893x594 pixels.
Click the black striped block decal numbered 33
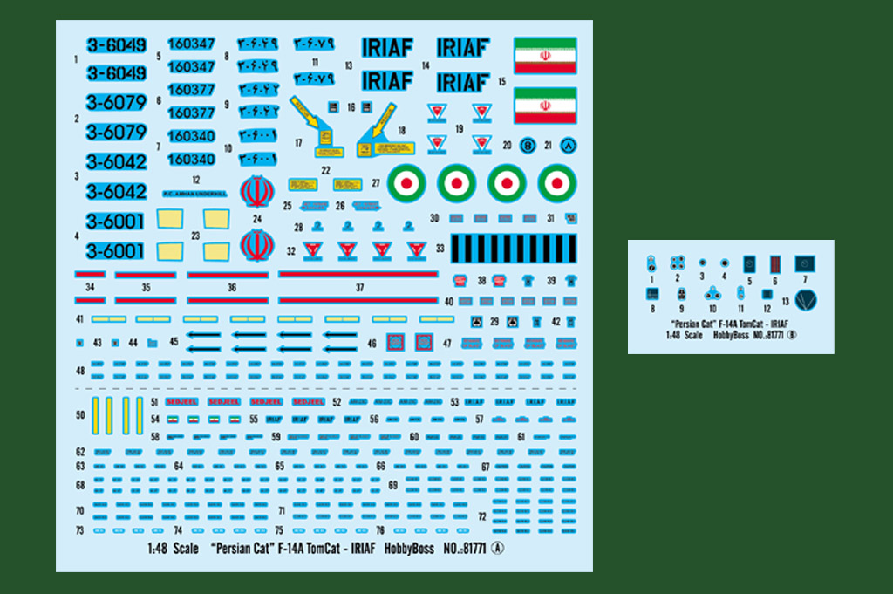[513, 248]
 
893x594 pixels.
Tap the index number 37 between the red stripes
[359, 287]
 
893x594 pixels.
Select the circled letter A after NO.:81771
[498, 549]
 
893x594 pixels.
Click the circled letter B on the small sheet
[793, 334]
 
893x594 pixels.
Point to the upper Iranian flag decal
[545, 55]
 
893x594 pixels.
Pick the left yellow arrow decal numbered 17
[312, 121]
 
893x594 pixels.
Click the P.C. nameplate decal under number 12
[194, 194]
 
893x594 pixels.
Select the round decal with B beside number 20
[528, 146]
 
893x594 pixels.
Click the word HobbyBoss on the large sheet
[409, 550]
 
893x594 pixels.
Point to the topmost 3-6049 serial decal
[116, 45]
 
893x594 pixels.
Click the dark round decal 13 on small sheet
[805, 301]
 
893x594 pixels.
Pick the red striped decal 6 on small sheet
[774, 263]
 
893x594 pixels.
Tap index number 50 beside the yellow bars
[81, 415]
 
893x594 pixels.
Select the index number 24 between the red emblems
[256, 219]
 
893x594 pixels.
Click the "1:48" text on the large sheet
[158, 550]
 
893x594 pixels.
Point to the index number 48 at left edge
[80, 370]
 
